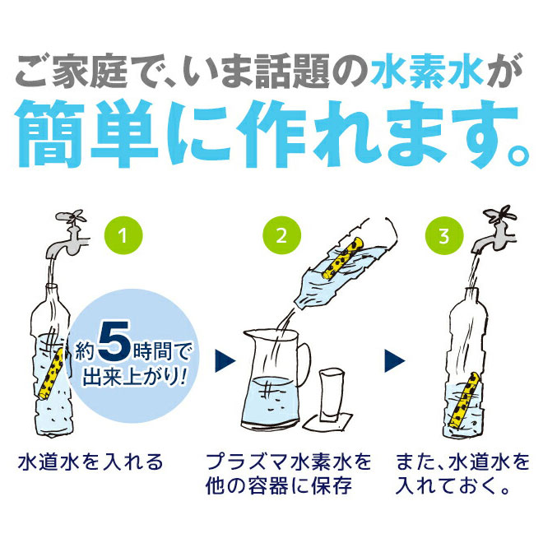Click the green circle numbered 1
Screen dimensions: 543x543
tap(123, 235)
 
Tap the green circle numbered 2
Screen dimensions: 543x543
tap(282, 235)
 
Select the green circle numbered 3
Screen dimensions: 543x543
tap(444, 235)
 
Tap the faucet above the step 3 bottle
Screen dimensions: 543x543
tap(494, 230)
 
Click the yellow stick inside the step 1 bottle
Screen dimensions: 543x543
tap(52, 374)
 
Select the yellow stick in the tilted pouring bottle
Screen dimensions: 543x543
tap(344, 258)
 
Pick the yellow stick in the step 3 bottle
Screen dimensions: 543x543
tap(462, 399)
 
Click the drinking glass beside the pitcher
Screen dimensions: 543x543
tap(332, 395)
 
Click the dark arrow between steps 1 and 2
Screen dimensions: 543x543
tap(225, 361)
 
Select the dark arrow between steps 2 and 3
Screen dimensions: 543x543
tap(394, 361)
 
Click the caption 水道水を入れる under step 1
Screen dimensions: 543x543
tap(90, 462)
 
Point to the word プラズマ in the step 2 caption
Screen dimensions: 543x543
tap(247, 462)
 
